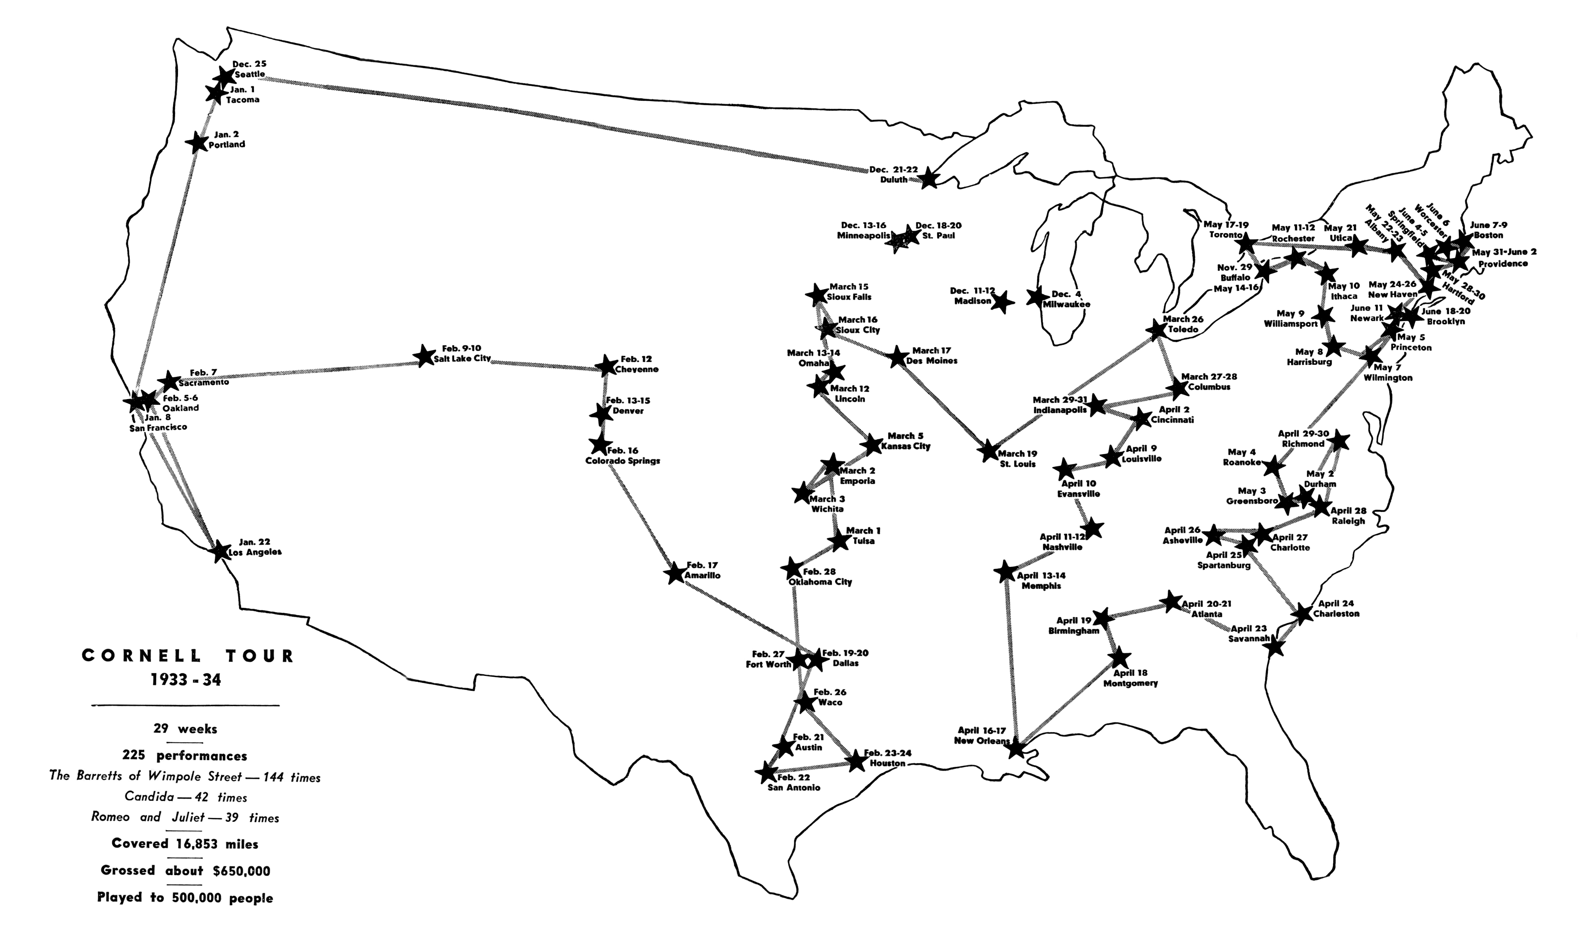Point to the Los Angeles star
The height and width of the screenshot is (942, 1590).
[220, 551]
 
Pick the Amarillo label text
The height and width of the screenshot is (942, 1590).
[702, 576]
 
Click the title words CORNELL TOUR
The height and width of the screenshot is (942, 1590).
[188, 657]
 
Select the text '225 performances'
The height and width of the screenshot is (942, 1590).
[186, 756]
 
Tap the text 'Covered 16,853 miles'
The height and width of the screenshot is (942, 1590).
[185, 844]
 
